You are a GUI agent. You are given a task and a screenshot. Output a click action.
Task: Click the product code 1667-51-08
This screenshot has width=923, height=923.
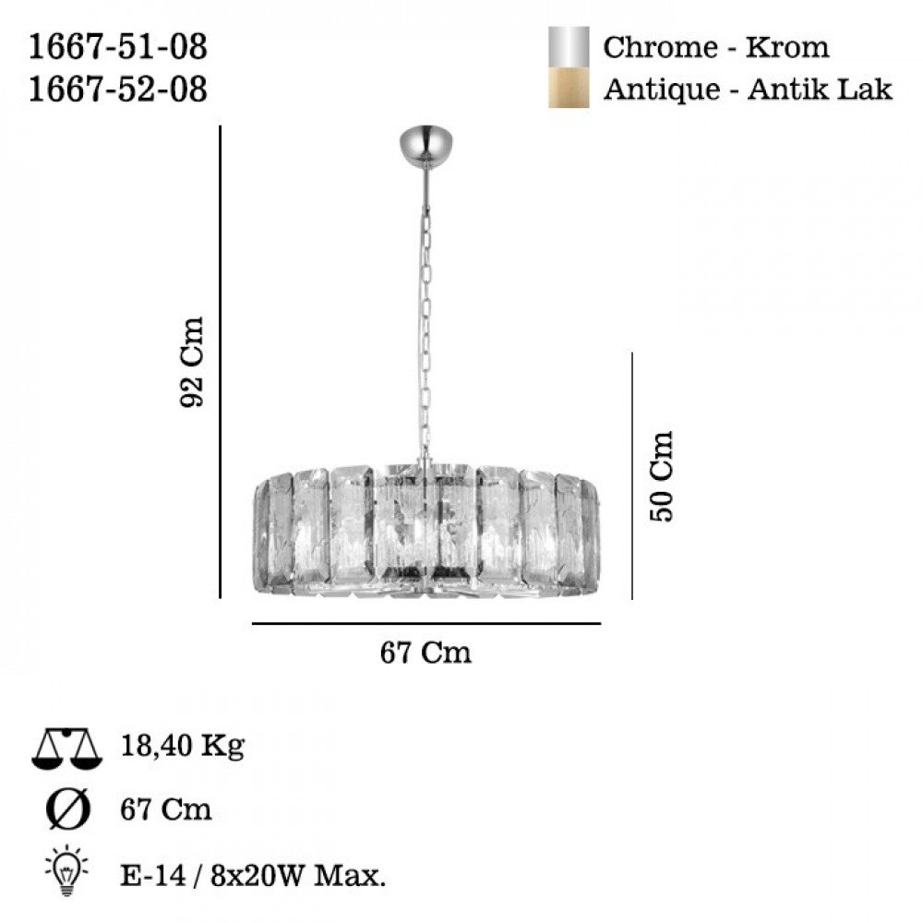(118, 47)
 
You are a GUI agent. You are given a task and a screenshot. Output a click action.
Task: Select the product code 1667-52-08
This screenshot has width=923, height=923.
(118, 90)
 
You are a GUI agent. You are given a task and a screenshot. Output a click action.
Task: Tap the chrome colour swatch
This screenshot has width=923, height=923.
(569, 47)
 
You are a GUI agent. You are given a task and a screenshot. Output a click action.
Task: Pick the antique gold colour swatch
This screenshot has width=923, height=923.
(569, 88)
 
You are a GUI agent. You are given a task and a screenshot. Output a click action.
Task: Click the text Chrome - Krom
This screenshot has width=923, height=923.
(716, 47)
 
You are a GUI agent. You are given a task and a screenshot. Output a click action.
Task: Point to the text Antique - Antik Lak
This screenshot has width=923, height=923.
(748, 90)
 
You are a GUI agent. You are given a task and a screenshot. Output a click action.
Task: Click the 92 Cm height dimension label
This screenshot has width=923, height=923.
(192, 362)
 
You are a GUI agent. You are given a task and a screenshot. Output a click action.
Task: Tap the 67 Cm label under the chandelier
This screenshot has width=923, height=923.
(426, 653)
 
